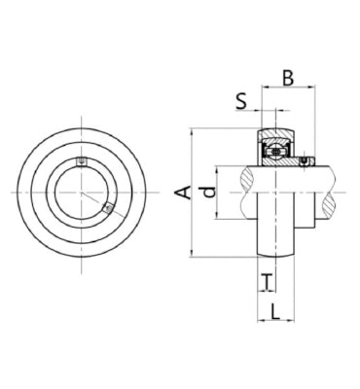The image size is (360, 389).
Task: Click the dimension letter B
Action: point(288,78)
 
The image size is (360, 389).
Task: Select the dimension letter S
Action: point(241,101)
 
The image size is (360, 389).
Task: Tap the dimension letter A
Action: point(183,192)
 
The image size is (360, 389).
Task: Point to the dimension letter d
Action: point(210,192)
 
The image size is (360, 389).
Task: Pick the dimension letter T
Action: point(267,281)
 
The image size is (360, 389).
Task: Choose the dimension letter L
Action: point(275,312)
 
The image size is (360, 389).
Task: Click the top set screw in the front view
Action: point(82,161)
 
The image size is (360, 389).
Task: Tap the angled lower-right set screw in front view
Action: point(108,208)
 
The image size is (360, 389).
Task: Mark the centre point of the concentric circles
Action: point(82,193)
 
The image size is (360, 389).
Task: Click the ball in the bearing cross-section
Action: point(275,152)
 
